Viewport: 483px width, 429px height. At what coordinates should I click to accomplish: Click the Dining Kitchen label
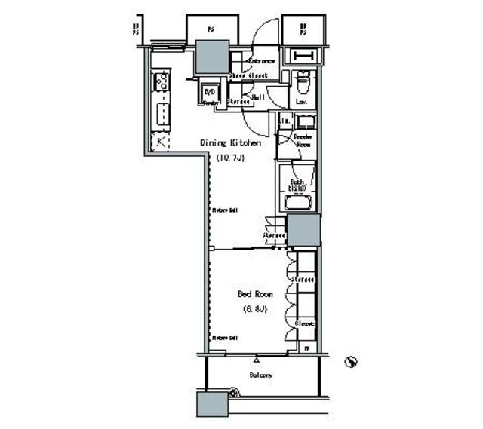(x=230, y=142)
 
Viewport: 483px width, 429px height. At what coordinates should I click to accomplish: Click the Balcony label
(x=260, y=375)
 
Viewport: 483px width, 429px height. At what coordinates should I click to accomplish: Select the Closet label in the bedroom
(x=304, y=323)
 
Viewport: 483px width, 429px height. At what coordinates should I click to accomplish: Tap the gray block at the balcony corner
(x=211, y=404)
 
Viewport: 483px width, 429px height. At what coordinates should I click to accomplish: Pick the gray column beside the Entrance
(x=211, y=55)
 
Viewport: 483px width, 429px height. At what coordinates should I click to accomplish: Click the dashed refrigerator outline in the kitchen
(x=161, y=140)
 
